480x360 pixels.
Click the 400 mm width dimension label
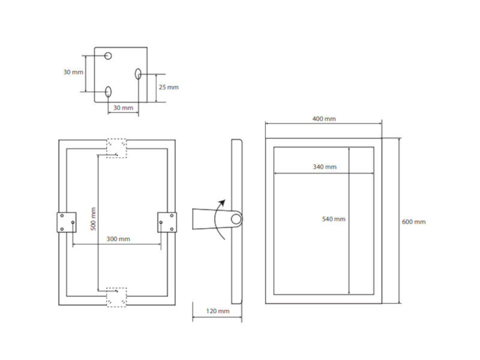[x=324, y=119]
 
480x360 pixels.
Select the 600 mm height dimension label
[x=413, y=221]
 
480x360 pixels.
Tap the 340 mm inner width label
[x=325, y=167]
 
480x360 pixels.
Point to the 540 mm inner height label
[x=334, y=219]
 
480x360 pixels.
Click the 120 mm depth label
[x=218, y=311]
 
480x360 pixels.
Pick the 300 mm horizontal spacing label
[x=118, y=239]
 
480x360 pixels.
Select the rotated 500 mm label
[x=94, y=219]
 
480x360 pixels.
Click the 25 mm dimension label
[x=169, y=87]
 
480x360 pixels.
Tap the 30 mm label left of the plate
[x=73, y=72]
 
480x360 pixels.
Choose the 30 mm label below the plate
[x=123, y=108]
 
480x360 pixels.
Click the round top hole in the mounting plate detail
[x=108, y=56]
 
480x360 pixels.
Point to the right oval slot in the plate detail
[x=138, y=74]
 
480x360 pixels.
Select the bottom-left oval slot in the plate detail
[x=108, y=92]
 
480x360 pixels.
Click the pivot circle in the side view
[x=236, y=219]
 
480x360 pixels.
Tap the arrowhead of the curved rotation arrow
[x=222, y=203]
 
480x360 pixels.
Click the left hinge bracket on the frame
[x=67, y=222]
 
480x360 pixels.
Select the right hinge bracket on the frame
[x=167, y=222]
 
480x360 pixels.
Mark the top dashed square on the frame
[x=116, y=148]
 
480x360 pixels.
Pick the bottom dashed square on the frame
[x=116, y=297]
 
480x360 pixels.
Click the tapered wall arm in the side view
[x=211, y=219]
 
